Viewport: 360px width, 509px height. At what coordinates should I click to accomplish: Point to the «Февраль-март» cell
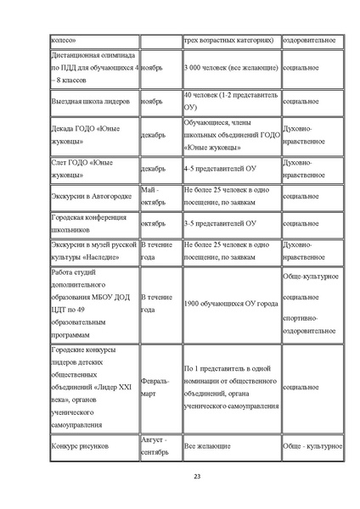point(160,388)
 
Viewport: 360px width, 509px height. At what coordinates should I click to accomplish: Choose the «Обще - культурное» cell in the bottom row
point(312,445)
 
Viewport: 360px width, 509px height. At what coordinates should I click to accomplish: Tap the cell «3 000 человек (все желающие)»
point(230,65)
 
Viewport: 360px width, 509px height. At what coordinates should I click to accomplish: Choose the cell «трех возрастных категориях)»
point(229,40)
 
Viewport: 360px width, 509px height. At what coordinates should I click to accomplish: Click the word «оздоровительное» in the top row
point(311,40)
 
